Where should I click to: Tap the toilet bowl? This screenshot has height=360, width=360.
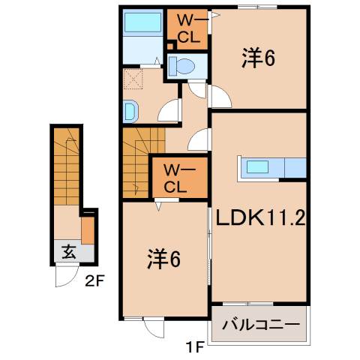click(x=181, y=67)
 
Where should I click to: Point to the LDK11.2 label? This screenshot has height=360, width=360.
click(x=259, y=218)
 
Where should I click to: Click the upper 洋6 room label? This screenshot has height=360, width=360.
click(x=256, y=58)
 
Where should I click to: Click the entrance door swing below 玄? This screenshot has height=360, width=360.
click(x=65, y=277)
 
